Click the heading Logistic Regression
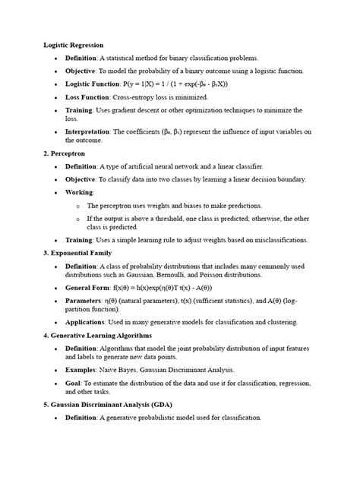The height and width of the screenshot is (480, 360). coord(73,46)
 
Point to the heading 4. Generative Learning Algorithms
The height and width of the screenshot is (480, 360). coord(97,335)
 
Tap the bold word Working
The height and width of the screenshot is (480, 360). coord(79,193)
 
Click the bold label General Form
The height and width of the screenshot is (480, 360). coord(88,288)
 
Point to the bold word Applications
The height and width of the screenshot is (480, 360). coord(87,322)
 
